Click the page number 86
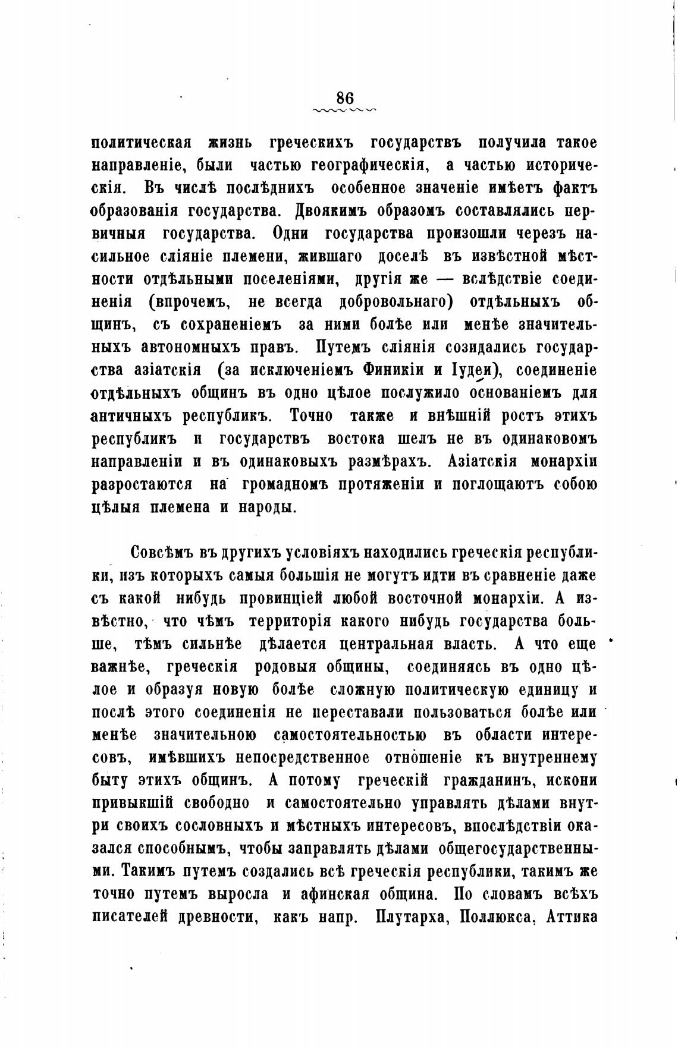click(345, 97)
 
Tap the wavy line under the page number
click(345, 110)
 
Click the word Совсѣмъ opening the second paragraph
click(163, 552)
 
